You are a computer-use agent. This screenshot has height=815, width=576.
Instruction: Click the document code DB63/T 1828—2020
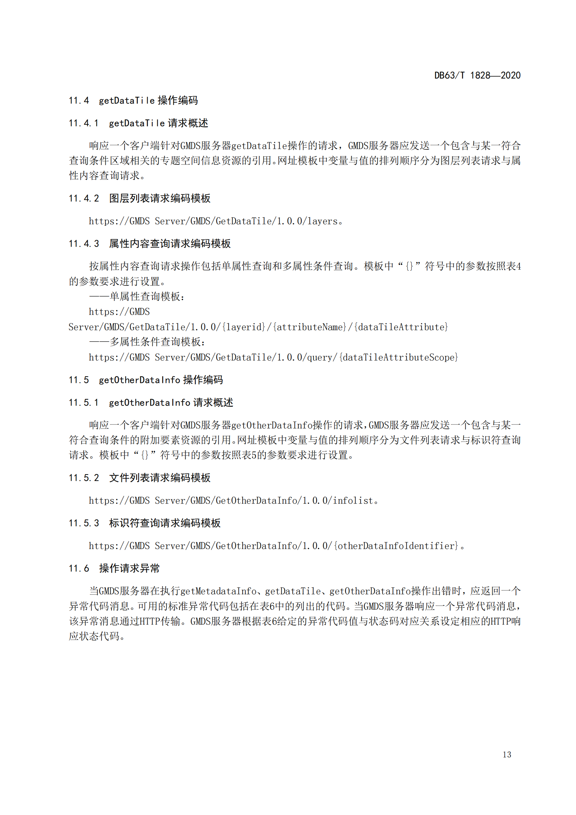pos(477,75)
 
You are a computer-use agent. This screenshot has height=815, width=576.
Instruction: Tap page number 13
pos(507,755)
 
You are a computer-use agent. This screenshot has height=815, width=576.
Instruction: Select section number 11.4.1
pos(84,123)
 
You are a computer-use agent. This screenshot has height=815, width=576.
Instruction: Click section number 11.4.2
pos(84,198)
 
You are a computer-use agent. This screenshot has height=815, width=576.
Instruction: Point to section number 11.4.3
pos(84,244)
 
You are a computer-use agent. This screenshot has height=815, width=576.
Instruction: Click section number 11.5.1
pos(84,402)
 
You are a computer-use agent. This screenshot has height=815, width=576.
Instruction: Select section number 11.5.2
pos(84,478)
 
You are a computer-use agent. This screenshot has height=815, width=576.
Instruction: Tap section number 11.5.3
pos(84,523)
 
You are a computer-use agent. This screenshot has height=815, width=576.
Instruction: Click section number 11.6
pos(79,569)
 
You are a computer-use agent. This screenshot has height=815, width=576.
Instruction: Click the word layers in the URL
pos(322,221)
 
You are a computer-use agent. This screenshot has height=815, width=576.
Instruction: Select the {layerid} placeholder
pos(244,327)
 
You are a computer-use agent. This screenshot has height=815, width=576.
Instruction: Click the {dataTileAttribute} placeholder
pos(401,327)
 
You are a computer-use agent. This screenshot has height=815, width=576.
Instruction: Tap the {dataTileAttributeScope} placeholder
pos(398,357)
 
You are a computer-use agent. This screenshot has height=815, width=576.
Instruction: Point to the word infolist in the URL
pos(352,500)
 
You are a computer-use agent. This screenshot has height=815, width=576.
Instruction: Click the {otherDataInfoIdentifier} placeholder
pos(396,546)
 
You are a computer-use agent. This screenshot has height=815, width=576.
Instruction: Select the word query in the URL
pos(317,357)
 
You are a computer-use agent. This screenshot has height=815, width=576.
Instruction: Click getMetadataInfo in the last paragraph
pos(218,591)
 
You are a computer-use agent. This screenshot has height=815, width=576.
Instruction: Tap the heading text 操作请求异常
pos(130,569)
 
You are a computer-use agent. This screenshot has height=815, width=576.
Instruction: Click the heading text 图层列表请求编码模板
pos(159,198)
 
